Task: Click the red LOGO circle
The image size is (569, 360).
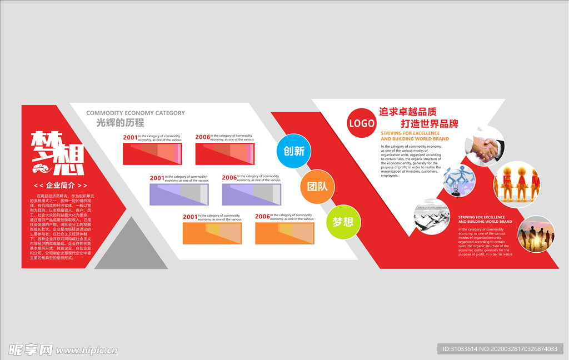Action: click(x=361, y=123)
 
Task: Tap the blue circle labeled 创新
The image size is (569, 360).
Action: click(x=294, y=150)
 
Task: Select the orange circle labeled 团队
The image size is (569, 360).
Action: click(x=317, y=186)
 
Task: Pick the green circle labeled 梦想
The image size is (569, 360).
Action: click(x=342, y=222)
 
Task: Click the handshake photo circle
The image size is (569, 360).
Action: click(x=485, y=146)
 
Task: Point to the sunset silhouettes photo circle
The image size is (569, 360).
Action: click(x=536, y=234)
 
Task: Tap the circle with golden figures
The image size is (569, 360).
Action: click(x=517, y=184)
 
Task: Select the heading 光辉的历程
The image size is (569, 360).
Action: click(x=120, y=123)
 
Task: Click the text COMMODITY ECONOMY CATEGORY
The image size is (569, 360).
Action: click(x=136, y=113)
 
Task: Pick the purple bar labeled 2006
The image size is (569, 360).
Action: click(x=251, y=194)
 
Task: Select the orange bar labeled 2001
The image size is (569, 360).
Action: click(x=212, y=233)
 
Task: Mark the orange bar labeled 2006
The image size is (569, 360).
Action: click(x=284, y=233)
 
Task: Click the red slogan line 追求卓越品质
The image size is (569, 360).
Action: click(x=408, y=112)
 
